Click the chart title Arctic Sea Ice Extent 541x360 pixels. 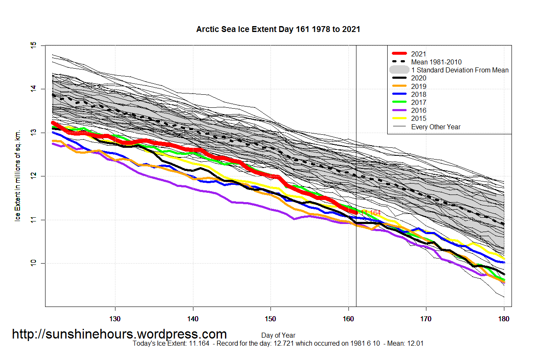278,29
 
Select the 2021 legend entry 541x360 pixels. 419,54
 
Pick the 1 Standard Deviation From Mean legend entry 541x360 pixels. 460,70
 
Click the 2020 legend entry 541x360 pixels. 419,78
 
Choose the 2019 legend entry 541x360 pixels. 419,86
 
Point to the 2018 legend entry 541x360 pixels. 419,94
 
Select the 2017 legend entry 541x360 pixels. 419,102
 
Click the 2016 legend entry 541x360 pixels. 419,110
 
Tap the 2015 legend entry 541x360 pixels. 419,118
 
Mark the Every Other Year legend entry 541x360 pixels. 436,127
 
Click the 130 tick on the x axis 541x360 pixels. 115,319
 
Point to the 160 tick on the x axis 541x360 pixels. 348,319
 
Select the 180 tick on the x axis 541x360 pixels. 504,319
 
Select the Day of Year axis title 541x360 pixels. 278,336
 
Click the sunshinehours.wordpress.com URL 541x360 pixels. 119,334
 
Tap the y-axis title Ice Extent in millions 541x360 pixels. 18,176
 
